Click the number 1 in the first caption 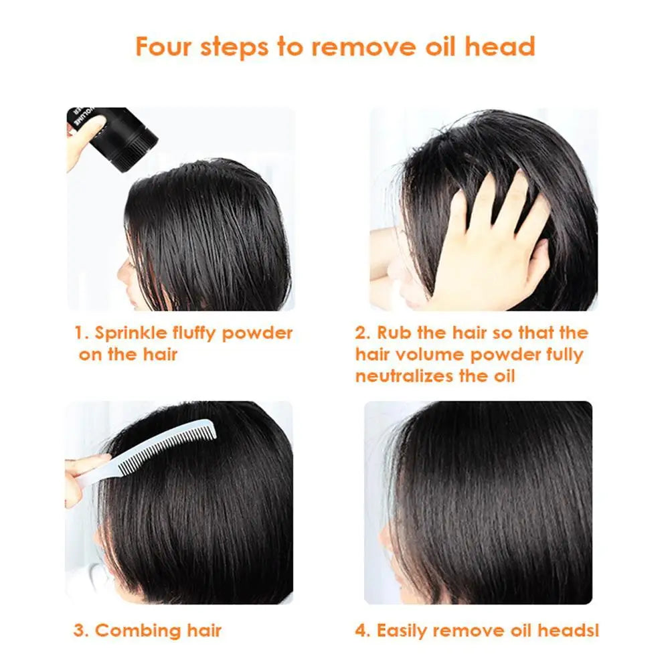click(x=78, y=333)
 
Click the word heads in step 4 click(x=566, y=631)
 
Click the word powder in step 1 click(x=258, y=333)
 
